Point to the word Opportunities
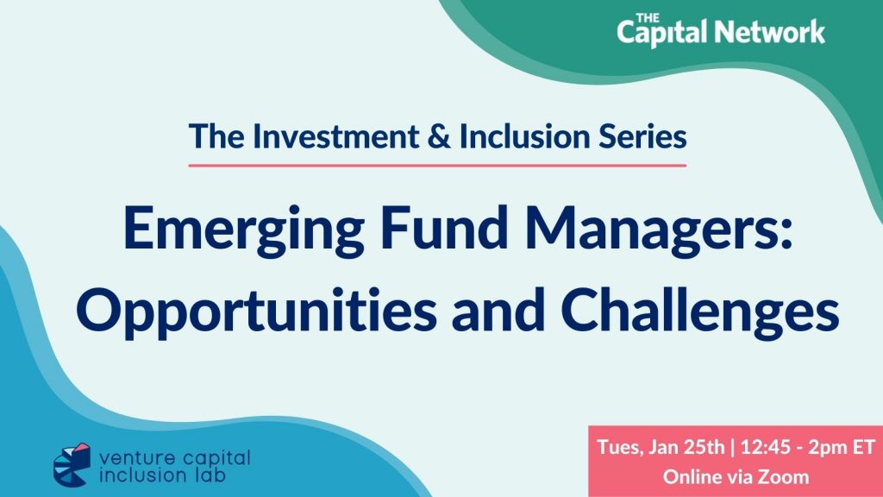point(256,311)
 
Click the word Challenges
point(700,311)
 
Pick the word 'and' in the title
point(498,311)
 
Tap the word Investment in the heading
point(335,136)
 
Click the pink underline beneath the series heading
point(437,166)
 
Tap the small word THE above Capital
point(647,19)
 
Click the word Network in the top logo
point(773,32)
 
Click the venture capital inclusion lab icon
point(72,464)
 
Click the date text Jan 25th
point(686,447)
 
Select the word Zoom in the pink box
point(783,477)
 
